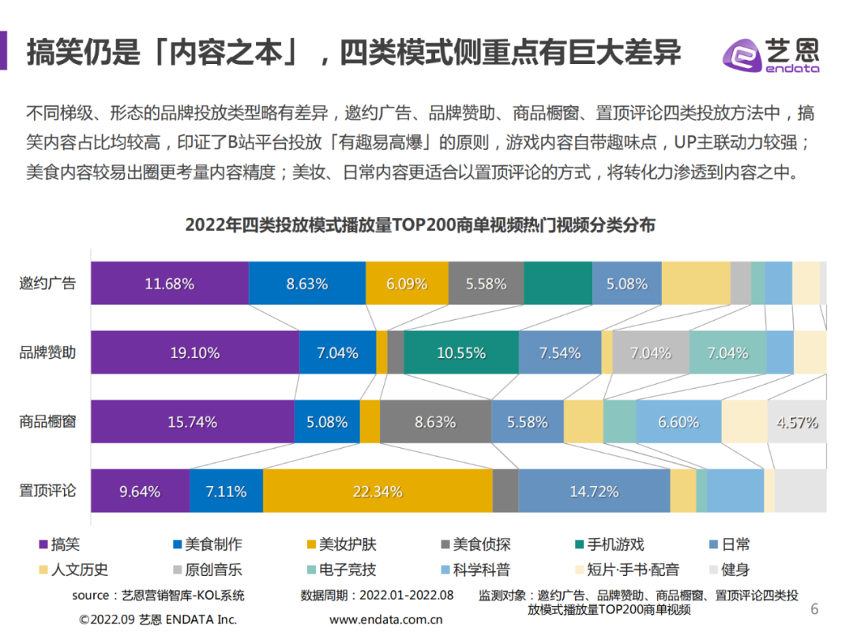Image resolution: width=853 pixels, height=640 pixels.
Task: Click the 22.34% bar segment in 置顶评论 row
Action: (377, 491)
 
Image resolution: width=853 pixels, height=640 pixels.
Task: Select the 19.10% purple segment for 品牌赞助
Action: (194, 352)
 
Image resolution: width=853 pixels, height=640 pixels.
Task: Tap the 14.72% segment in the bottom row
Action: (594, 491)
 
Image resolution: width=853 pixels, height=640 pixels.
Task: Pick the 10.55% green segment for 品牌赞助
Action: (461, 352)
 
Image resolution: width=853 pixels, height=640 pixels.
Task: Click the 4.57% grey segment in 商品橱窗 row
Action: (796, 422)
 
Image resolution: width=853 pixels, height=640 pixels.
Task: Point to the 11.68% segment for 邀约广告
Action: (169, 284)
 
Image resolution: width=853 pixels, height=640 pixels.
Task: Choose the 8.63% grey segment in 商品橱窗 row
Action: (435, 422)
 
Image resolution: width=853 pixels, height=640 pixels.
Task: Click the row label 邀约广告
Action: (47, 283)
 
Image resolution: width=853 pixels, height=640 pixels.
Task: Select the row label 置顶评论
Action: (47, 490)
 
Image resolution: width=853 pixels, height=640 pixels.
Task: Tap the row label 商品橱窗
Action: (47, 421)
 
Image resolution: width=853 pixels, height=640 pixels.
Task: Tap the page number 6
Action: (815, 609)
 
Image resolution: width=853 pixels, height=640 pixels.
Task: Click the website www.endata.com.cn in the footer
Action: (385, 619)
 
